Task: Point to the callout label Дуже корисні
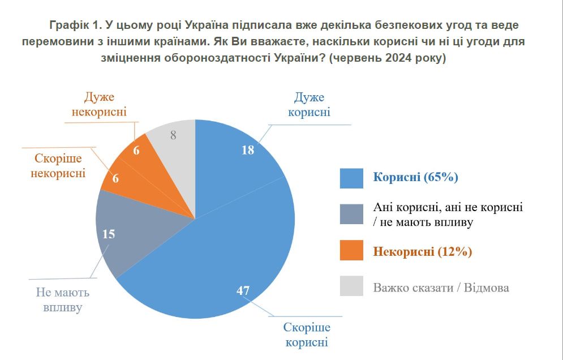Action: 309,105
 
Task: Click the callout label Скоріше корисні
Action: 307,335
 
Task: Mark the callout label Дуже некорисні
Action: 99,104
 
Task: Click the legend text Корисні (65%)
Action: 415,177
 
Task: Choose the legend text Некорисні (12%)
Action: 422,251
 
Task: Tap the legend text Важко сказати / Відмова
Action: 441,288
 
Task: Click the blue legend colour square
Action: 351,178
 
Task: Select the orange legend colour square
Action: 351,251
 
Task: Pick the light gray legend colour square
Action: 351,287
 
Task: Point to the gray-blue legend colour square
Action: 351,214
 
